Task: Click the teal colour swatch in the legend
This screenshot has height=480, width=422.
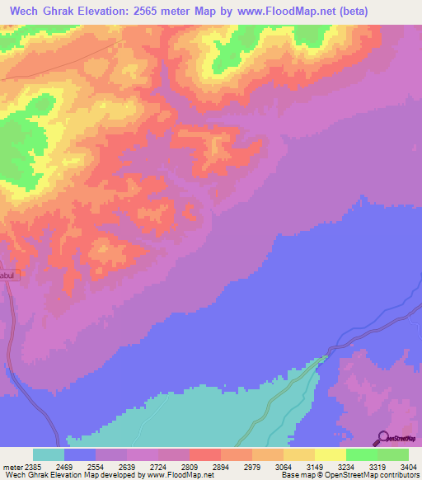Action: click(49, 454)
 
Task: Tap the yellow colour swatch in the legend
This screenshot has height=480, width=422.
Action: click(331, 454)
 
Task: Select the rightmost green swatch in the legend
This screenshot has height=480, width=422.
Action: click(393, 454)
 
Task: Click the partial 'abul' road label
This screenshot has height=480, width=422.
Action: click(7, 275)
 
